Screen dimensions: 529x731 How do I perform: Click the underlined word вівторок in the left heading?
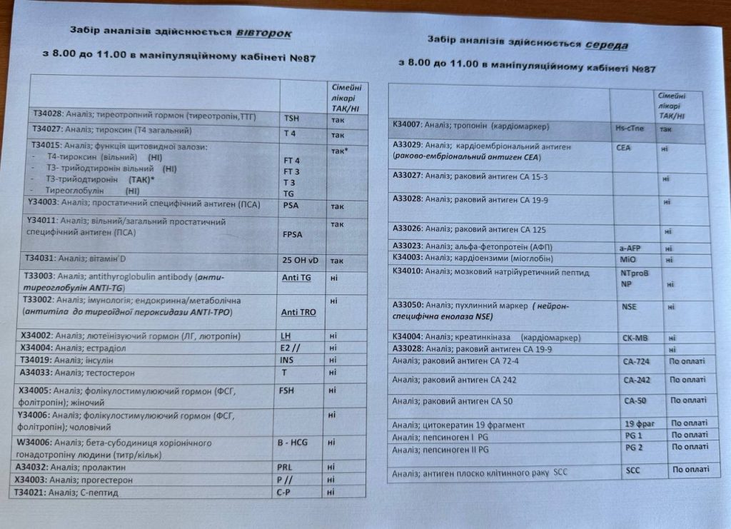coord(263,33)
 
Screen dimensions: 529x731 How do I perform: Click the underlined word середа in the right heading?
coord(606,45)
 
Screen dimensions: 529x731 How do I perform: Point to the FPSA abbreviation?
coord(293,233)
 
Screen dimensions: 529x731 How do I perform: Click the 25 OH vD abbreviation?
coord(301,261)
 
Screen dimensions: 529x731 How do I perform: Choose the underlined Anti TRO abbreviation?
coord(298,313)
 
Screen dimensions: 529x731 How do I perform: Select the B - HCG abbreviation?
coord(293,443)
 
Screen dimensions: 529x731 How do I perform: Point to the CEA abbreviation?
coord(622,148)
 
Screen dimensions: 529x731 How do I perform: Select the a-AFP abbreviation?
coord(627,248)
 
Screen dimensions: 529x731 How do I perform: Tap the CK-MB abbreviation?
coord(632,338)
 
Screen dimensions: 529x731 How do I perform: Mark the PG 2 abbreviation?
coord(633,448)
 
